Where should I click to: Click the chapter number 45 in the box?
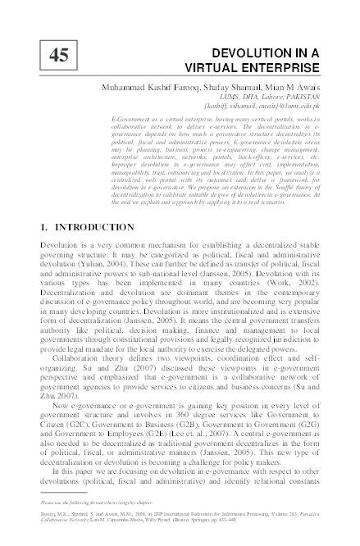coord(59,55)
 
